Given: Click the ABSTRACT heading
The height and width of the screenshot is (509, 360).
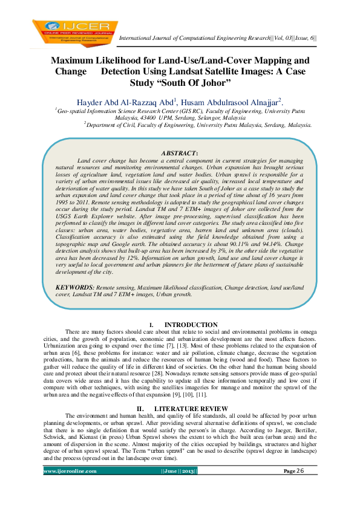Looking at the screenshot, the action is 179,154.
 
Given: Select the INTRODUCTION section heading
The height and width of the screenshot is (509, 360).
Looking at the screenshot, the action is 191,325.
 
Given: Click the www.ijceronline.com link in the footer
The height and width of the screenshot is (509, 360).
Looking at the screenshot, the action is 70,487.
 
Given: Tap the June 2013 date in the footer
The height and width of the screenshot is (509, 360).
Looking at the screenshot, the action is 179,487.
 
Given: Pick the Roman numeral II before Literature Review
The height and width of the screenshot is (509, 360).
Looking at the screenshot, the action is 139,409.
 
